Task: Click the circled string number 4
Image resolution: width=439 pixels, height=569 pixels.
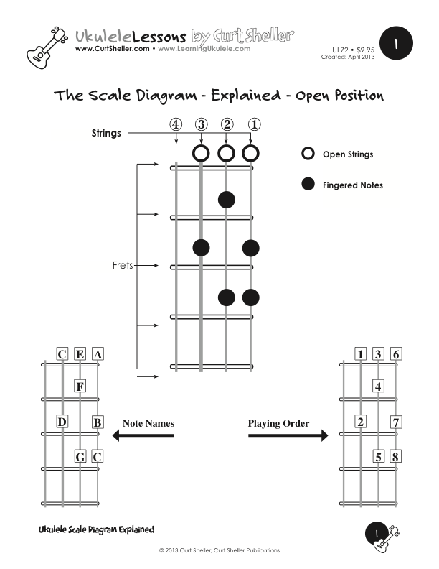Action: [176, 124]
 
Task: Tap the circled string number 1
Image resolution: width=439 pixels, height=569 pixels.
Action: [253, 124]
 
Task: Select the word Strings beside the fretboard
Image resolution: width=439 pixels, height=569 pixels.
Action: [106, 133]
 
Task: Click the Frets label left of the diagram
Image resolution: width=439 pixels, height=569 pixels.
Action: [123, 265]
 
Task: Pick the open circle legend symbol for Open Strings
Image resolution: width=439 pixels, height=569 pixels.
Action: [308, 154]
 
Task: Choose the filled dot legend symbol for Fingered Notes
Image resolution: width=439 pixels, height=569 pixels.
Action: [308, 185]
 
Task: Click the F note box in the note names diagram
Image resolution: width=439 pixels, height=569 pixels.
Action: [80, 387]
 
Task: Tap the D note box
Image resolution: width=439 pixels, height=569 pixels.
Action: [62, 422]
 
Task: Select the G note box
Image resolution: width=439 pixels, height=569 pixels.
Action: [80, 455]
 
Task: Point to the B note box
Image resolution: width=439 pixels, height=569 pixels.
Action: [98, 422]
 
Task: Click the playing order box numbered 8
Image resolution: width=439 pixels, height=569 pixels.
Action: [396, 455]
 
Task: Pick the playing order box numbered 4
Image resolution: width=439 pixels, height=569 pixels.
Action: [378, 387]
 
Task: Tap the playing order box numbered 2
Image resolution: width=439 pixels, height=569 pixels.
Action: [361, 422]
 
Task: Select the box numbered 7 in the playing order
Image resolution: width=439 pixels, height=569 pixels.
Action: [396, 422]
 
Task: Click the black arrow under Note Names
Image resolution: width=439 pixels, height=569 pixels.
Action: [143, 435]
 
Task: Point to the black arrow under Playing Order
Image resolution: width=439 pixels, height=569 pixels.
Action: [288, 435]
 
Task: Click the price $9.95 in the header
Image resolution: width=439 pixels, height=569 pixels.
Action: [364, 49]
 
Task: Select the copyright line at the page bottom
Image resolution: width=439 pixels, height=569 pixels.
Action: [219, 550]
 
